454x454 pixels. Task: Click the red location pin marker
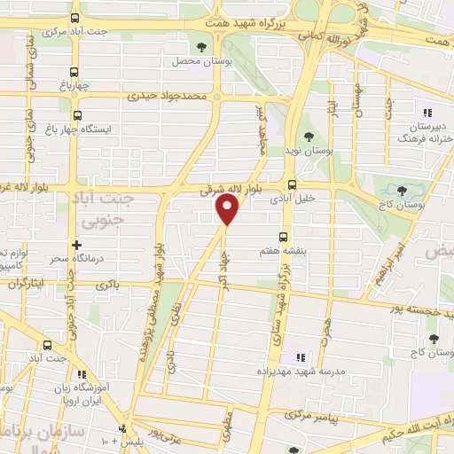(x=228, y=210)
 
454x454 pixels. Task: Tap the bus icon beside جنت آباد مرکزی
(x=76, y=20)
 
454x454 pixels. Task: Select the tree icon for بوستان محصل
(x=202, y=46)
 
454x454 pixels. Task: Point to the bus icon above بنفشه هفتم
(x=284, y=236)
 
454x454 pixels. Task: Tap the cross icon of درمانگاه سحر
(x=76, y=244)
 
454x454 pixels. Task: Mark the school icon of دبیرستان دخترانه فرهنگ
(x=427, y=113)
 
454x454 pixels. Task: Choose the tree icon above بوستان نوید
(x=308, y=137)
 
